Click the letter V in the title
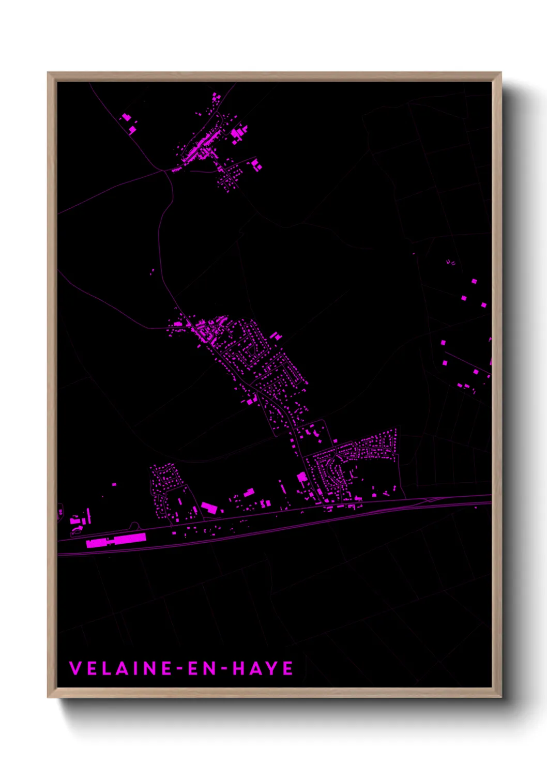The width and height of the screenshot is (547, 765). click(x=75, y=668)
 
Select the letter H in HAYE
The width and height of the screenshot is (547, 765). click(x=238, y=668)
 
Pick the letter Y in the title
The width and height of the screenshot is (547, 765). click(x=272, y=668)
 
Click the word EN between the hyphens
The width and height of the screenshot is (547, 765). click(x=202, y=668)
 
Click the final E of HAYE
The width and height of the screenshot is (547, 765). click(x=288, y=668)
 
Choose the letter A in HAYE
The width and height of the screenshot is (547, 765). click(x=255, y=668)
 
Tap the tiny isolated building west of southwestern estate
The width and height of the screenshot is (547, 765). click(x=114, y=484)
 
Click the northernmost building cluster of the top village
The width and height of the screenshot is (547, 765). click(x=216, y=97)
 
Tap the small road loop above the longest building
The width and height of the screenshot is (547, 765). click(x=134, y=526)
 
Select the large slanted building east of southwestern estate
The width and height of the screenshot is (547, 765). click(x=209, y=508)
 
